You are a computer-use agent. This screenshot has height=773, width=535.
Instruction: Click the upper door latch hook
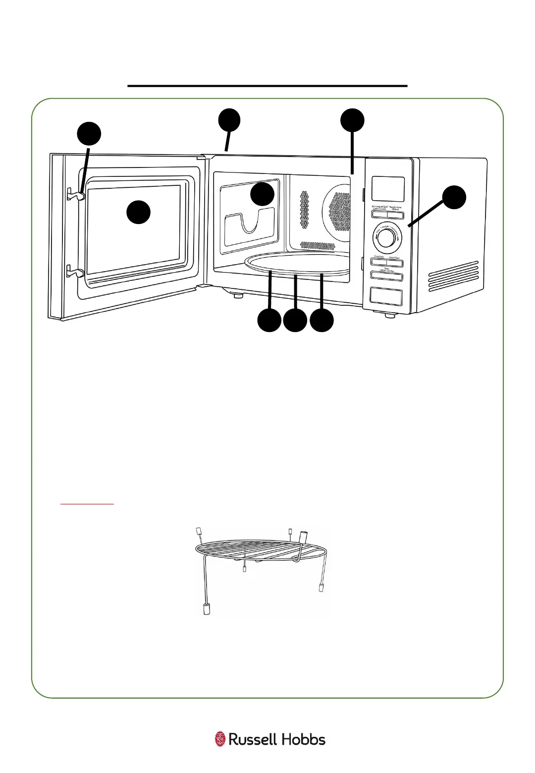[75, 195]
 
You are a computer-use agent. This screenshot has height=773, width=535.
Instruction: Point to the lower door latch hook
[75, 272]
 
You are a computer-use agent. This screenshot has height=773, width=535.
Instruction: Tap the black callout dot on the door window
[138, 213]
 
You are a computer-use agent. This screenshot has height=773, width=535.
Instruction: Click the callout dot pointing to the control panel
[454, 197]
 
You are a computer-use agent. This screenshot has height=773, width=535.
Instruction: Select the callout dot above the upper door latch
[89, 134]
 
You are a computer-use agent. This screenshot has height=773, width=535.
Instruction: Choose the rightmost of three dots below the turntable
[321, 321]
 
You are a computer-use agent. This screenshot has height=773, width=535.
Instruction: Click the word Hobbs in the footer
[304, 740]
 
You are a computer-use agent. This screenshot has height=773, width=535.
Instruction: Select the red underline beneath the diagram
[87, 504]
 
